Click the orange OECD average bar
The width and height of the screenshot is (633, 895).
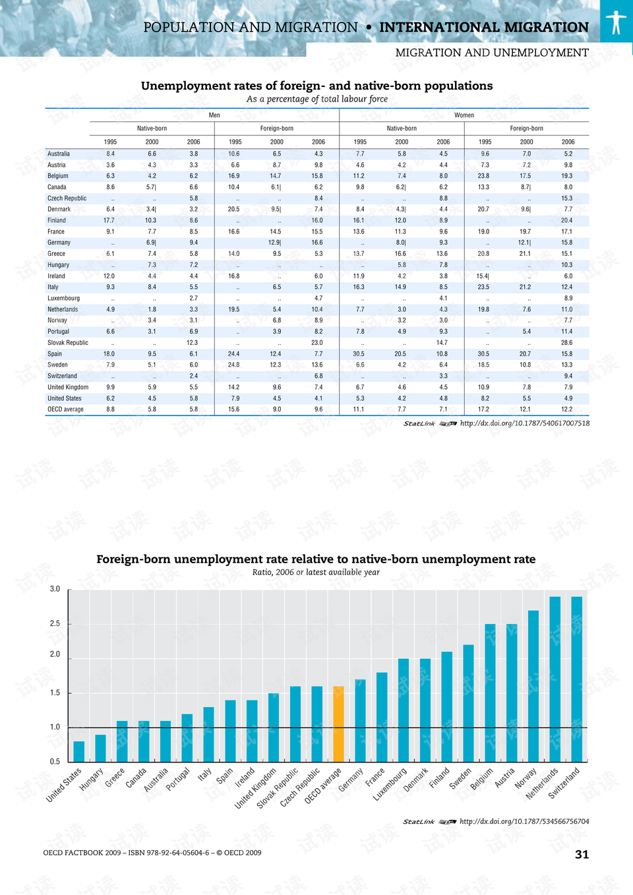[x=338, y=724]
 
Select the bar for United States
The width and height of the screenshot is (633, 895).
[x=79, y=752]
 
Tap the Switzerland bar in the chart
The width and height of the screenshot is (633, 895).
[x=576, y=679]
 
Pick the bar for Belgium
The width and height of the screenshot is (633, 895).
[x=490, y=693]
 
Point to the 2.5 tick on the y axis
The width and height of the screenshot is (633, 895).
[x=55, y=623]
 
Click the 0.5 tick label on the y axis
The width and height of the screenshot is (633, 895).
[x=55, y=761]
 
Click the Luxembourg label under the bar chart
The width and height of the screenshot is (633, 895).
[x=390, y=784]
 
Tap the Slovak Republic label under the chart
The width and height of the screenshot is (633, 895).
[x=278, y=787]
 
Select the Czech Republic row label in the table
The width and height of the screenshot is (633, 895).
[x=67, y=198]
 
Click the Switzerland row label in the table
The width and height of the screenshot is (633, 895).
[x=62, y=376]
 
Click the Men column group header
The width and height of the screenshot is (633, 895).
[x=214, y=115]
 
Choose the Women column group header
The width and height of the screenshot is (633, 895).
[x=464, y=115]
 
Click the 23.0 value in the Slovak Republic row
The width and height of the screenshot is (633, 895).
[x=317, y=342]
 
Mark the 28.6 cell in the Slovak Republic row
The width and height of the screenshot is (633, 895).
[x=566, y=342]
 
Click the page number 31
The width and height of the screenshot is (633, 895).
[x=582, y=854]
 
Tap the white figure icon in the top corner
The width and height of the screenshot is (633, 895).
[x=616, y=22]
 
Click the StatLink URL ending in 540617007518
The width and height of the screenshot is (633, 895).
[x=524, y=423]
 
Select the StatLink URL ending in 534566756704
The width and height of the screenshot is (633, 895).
[x=524, y=821]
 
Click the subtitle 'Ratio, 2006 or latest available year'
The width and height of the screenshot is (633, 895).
[x=316, y=572]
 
